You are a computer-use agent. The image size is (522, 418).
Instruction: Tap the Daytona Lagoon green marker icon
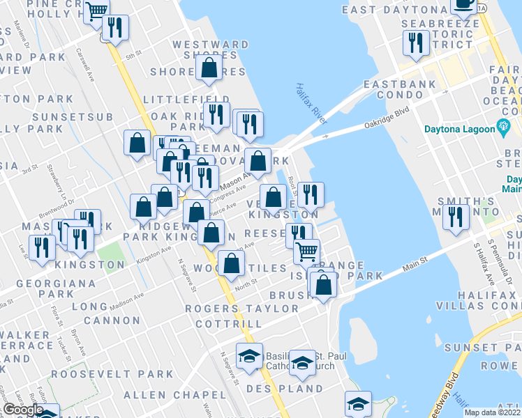tap(501, 127)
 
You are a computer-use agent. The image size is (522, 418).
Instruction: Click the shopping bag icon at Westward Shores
tap(209, 68)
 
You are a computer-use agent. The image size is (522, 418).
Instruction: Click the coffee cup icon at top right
tap(463, 3)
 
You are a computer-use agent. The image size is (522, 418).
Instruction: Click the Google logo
tap(23, 410)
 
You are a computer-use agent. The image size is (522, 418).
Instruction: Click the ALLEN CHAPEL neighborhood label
tap(164, 395)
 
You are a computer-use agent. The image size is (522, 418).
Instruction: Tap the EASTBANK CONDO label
tap(400, 84)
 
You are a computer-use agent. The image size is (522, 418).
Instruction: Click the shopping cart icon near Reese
tap(306, 251)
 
